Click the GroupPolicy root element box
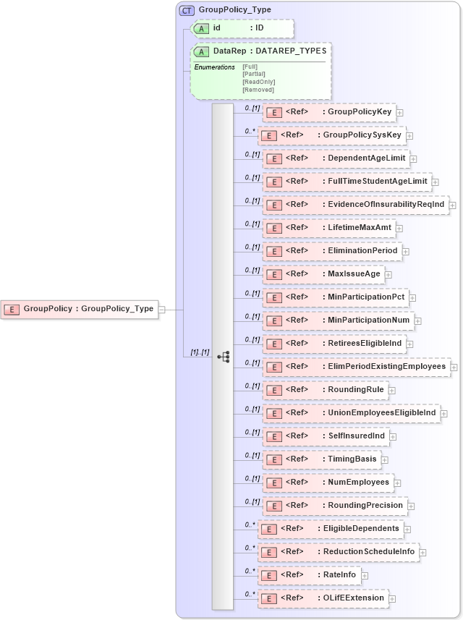(x=79, y=309)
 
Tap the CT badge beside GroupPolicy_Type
(x=186, y=10)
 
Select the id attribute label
(x=217, y=28)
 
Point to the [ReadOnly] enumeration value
(x=258, y=82)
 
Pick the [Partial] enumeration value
(x=254, y=74)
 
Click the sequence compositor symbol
(x=223, y=356)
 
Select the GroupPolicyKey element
(x=329, y=112)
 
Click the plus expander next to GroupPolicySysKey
(x=409, y=135)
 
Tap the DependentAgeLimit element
(x=336, y=158)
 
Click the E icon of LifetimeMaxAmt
(x=274, y=229)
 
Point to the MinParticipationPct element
(x=336, y=297)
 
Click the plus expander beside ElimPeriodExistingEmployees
(x=454, y=368)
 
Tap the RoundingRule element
(x=326, y=390)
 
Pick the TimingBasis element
(x=322, y=459)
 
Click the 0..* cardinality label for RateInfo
(x=250, y=571)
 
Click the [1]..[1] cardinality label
(x=200, y=352)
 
